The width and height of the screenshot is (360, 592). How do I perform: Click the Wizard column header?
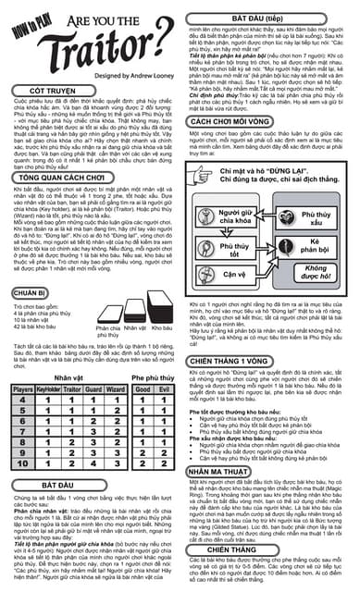[116, 390]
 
